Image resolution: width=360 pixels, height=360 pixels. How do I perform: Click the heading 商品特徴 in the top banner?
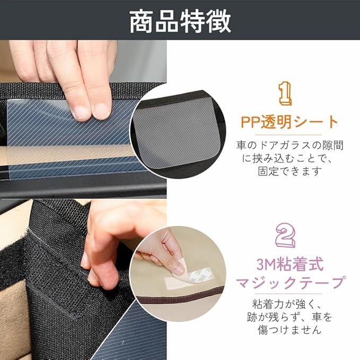click(x=180, y=21)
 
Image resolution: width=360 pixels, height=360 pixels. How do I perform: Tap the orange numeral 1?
click(x=285, y=94)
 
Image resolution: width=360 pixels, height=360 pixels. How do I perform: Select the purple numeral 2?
click(x=285, y=235)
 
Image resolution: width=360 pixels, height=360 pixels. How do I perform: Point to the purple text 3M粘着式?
click(x=290, y=265)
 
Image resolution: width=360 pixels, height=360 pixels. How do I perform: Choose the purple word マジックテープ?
click(x=290, y=283)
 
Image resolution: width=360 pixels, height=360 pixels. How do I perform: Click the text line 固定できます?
click(x=289, y=171)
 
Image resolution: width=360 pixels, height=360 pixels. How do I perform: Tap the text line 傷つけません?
click(x=289, y=330)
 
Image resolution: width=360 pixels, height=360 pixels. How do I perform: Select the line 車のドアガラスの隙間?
click(x=289, y=146)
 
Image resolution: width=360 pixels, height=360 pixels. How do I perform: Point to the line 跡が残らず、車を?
click(x=289, y=317)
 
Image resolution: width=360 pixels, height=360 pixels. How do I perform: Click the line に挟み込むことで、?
click(x=287, y=159)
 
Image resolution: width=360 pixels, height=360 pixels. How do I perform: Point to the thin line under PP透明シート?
click(x=288, y=135)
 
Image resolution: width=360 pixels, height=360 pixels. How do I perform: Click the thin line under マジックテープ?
click(x=288, y=294)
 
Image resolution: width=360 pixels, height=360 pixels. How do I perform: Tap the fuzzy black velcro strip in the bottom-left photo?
click(x=14, y=264)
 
